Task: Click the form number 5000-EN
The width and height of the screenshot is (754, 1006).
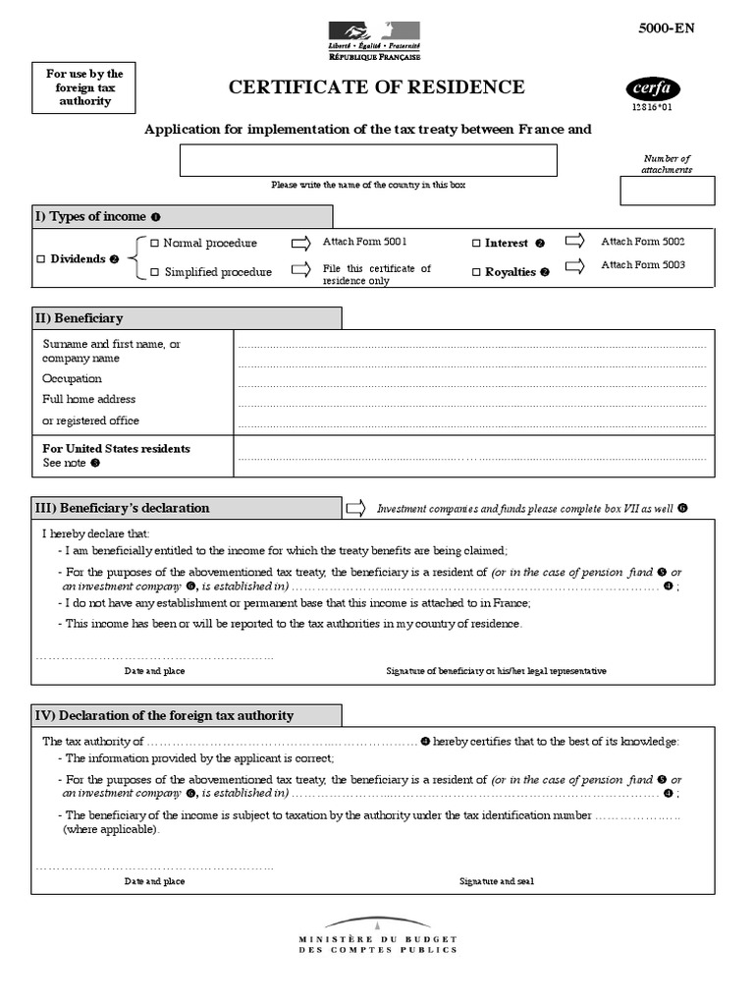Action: click(x=667, y=28)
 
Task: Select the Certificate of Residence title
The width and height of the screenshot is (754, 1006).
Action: click(x=377, y=88)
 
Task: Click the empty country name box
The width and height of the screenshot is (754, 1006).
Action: click(x=368, y=160)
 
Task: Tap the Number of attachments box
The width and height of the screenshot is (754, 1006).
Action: click(x=667, y=191)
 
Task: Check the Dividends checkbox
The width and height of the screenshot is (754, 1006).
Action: click(x=41, y=259)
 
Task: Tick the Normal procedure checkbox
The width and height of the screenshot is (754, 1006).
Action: click(x=154, y=243)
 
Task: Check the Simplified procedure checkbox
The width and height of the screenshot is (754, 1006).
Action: click(x=154, y=272)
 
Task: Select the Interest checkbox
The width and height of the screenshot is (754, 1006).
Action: click(x=477, y=244)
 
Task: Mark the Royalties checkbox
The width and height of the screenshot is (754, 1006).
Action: click(x=477, y=272)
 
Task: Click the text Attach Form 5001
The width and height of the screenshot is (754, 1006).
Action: click(x=364, y=241)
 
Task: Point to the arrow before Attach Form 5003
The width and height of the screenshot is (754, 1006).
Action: click(x=575, y=265)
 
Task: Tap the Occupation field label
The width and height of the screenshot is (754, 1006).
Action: click(x=72, y=378)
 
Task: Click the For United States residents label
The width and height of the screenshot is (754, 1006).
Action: click(x=117, y=449)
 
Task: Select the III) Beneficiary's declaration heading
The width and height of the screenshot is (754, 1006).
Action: click(x=123, y=508)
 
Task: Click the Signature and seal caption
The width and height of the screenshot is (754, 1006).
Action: click(x=497, y=881)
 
